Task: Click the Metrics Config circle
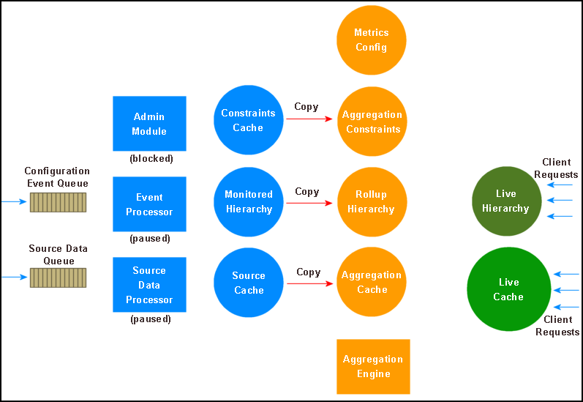pyautogui.click(x=371, y=40)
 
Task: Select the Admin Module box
pyautogui.click(x=149, y=124)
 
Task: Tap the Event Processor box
pyautogui.click(x=149, y=204)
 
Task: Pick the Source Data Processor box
pyautogui.click(x=149, y=285)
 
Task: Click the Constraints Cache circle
pyautogui.click(x=248, y=121)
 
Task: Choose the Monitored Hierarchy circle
pyautogui.click(x=248, y=202)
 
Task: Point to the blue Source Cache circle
pyautogui.click(x=248, y=283)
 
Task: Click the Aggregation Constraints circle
pyautogui.click(x=371, y=122)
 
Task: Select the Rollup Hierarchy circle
pyautogui.click(x=371, y=202)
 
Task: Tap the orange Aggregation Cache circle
pyautogui.click(x=371, y=283)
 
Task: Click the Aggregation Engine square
pyautogui.click(x=373, y=366)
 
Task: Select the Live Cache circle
pyautogui.click(x=508, y=289)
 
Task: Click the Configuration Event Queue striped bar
pyautogui.click(x=58, y=202)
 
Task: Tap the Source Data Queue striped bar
pyautogui.click(x=58, y=278)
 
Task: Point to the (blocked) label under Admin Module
pyautogui.click(x=151, y=157)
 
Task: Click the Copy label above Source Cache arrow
pyautogui.click(x=308, y=272)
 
